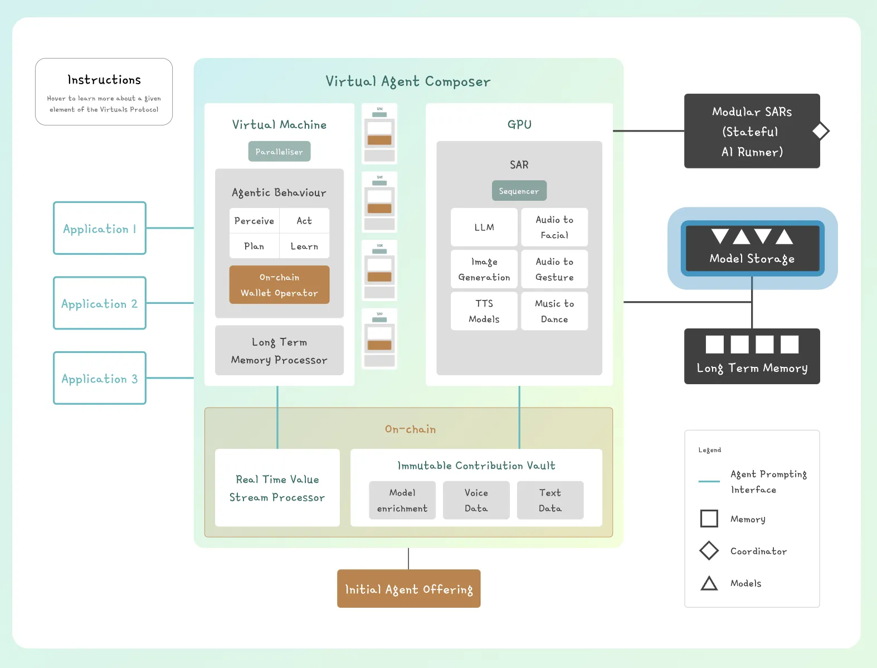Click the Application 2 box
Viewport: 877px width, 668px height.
tap(100, 303)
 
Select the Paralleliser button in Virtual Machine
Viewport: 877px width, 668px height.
tap(279, 152)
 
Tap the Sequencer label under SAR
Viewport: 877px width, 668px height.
tap(519, 191)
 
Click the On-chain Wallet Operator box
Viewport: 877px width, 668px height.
tap(279, 285)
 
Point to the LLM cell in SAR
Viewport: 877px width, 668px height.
tap(484, 227)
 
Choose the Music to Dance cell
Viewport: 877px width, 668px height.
tap(554, 311)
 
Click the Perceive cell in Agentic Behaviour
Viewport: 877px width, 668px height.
tap(254, 221)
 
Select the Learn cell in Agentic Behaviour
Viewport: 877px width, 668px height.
tap(304, 246)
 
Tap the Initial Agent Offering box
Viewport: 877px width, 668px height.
tap(408, 589)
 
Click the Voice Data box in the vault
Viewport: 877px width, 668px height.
tap(476, 500)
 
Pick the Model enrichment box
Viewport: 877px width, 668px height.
tap(402, 500)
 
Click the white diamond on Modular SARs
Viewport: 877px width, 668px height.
tap(820, 131)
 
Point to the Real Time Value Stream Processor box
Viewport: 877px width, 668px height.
tap(277, 488)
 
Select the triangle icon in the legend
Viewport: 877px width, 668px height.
tap(709, 583)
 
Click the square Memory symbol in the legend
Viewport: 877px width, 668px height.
tap(709, 519)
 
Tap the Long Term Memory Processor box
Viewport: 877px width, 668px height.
tap(279, 351)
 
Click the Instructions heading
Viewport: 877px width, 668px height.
tap(104, 80)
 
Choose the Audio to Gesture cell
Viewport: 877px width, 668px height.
tap(554, 269)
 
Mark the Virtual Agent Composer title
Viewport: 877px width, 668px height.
tap(408, 81)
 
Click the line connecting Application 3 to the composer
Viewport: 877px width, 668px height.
tap(170, 378)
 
